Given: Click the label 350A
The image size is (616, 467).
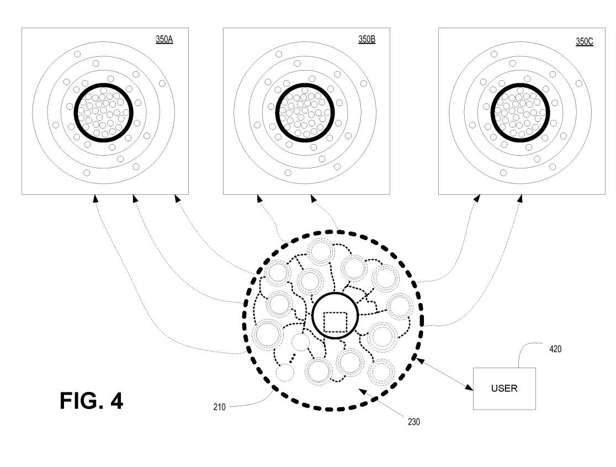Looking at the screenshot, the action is click(164, 39).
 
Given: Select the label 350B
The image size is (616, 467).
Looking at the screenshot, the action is click(367, 39).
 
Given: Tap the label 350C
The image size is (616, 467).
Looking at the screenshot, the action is click(584, 41).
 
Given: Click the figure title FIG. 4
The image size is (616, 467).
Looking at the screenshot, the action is click(92, 401).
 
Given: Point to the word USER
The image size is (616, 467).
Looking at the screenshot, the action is click(504, 389).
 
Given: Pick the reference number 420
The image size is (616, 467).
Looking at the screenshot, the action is click(555, 349).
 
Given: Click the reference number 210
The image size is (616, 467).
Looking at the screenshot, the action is click(219, 407).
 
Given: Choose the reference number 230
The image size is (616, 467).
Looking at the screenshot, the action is click(413, 422).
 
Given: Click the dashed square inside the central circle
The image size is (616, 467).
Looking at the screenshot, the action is click(335, 322).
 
